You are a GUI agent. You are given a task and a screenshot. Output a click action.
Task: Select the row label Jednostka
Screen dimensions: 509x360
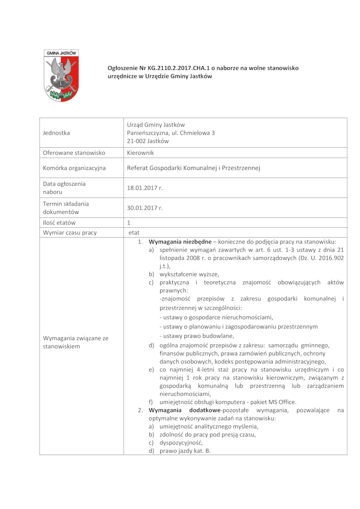[57, 133]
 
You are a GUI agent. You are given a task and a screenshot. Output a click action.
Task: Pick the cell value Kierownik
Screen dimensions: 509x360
[140, 153]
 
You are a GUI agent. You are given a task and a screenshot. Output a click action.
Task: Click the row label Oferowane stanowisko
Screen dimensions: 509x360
[74, 153]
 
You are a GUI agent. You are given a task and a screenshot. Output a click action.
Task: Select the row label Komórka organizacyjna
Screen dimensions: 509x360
[74, 168]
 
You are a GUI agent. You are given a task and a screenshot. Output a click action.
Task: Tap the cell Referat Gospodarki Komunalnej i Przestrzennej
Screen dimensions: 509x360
[194, 168]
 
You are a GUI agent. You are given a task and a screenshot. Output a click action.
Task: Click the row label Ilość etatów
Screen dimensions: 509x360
[59, 222]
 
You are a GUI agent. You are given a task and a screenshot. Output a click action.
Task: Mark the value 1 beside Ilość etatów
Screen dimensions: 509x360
[129, 222]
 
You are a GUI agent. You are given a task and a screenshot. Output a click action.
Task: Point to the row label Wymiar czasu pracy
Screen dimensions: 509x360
[70, 233]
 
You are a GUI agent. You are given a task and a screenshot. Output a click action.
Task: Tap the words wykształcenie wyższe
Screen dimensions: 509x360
[189, 274]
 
